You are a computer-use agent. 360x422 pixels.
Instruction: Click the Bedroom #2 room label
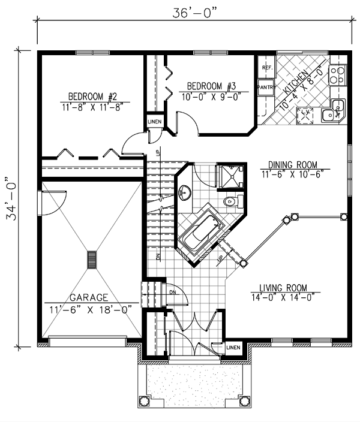point(92,97)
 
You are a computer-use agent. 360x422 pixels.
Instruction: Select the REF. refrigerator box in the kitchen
point(267,67)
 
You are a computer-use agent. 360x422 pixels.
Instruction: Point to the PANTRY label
point(266,87)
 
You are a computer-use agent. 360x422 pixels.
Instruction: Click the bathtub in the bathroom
point(202,231)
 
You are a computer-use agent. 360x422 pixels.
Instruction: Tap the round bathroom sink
point(185,192)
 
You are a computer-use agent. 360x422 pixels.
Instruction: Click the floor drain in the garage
point(92,260)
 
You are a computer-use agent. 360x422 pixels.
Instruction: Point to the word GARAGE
point(89,297)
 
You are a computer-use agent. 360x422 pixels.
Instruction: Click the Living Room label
point(283,288)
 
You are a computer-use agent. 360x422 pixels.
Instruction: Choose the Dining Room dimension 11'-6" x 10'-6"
point(292,174)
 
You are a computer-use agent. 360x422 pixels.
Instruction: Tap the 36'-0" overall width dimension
point(194,13)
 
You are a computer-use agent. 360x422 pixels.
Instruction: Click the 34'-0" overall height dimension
point(11,198)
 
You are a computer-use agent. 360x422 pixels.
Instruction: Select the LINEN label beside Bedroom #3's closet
point(155,122)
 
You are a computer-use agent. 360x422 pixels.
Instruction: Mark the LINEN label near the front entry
point(233,348)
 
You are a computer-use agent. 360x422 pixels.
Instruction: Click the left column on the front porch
point(143,401)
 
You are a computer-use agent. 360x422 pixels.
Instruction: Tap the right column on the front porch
point(245,401)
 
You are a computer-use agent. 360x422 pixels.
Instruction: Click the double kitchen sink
point(334,111)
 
